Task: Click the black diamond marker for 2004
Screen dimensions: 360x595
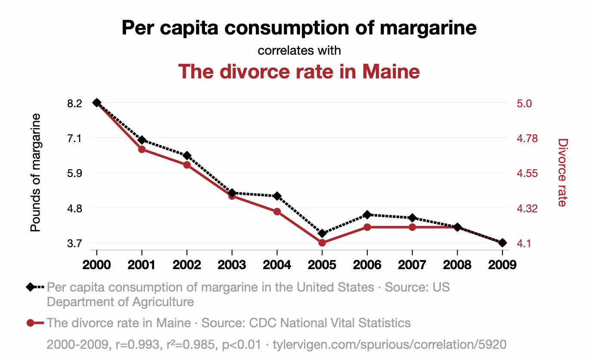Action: (277, 196)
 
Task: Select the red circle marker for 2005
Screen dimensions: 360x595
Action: (322, 243)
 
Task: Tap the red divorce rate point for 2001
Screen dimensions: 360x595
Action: (142, 149)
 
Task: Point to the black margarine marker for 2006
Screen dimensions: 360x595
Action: (367, 214)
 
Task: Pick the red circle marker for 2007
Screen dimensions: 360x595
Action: (412, 227)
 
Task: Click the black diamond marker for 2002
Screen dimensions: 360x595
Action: (187, 155)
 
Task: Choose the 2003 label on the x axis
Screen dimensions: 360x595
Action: (232, 264)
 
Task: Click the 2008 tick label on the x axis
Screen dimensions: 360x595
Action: (457, 264)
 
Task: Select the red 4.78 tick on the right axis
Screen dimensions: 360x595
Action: (527, 139)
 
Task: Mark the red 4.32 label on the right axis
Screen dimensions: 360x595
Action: (527, 208)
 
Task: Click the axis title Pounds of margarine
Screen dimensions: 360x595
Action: (36, 172)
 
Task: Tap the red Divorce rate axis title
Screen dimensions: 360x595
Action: (562, 172)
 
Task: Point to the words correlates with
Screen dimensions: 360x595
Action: (299, 50)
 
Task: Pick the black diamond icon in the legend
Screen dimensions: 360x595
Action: (30, 287)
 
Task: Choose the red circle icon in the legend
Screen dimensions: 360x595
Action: (30, 323)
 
